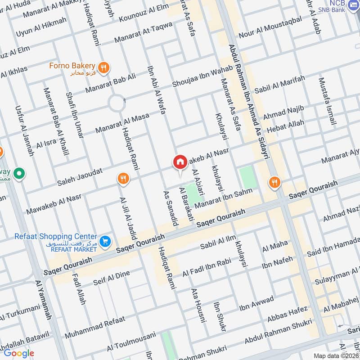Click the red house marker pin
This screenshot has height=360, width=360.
tap(180, 162)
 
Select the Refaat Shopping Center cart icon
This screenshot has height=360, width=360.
tap(105, 242)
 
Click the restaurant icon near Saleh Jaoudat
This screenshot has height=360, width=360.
tap(123, 179)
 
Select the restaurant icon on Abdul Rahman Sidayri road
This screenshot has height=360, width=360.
tap(274, 182)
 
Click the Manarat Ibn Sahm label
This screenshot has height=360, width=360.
tap(229, 197)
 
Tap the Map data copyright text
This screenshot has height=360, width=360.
tap(336, 355)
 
